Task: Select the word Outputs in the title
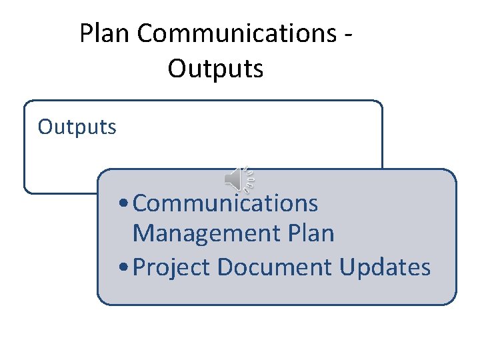(215, 69)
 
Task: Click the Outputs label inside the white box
(77, 127)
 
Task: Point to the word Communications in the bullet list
(225, 203)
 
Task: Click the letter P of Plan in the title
(86, 34)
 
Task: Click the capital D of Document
(225, 267)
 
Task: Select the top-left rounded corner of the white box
(27, 104)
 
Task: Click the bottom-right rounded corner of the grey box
(453, 301)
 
